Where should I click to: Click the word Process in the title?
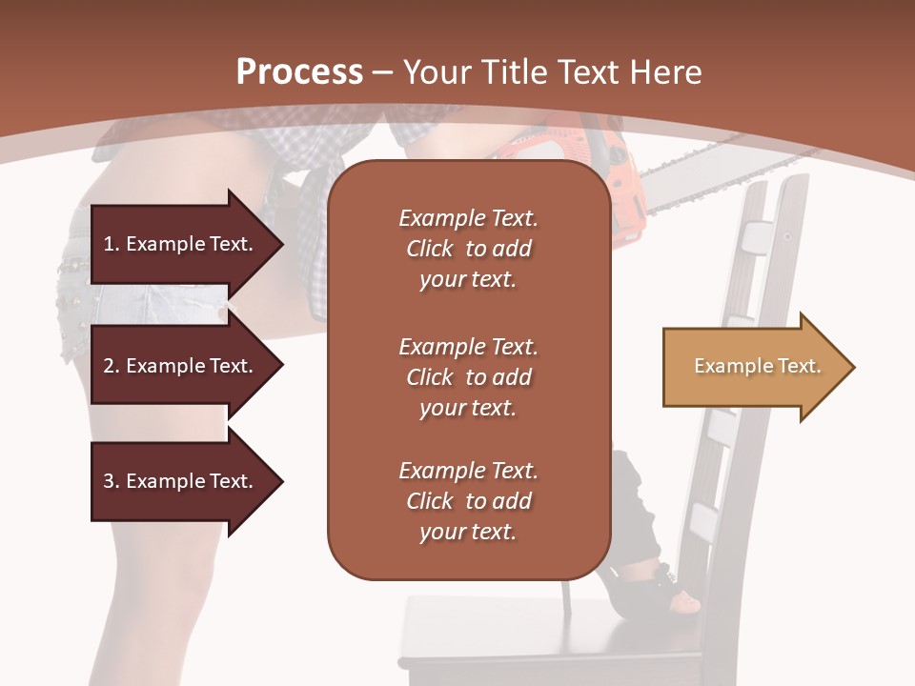299,71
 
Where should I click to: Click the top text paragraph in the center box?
468,249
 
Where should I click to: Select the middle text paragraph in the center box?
468,376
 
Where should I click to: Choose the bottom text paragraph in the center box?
468,501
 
